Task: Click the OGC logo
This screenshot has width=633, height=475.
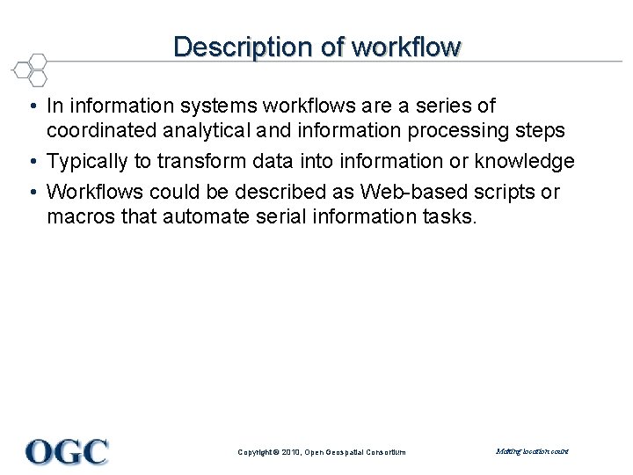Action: (67, 451)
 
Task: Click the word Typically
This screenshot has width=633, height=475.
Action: (88, 162)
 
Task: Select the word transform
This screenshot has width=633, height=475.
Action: (196, 162)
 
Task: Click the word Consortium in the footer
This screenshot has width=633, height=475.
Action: (385, 452)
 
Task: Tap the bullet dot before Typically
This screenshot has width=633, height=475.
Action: (31, 163)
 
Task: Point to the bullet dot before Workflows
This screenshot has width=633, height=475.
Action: (31, 193)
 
